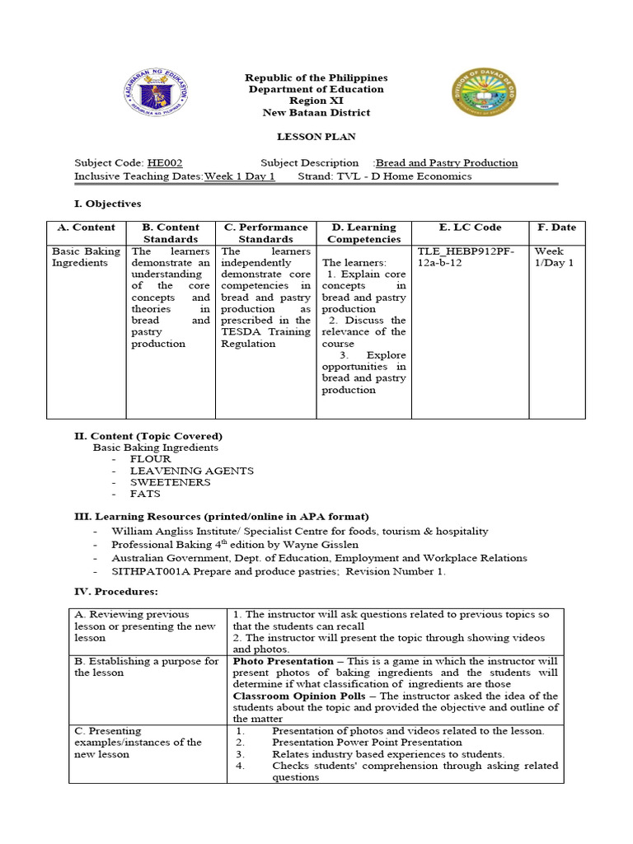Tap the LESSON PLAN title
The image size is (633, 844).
click(316, 136)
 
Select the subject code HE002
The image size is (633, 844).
click(164, 163)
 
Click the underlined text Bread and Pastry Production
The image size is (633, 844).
click(447, 163)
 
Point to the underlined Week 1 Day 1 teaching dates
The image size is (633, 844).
click(239, 176)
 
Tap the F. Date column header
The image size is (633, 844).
click(557, 227)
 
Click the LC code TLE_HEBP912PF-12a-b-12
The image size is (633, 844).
click(467, 257)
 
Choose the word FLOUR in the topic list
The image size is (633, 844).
click(150, 459)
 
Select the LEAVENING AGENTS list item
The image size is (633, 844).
click(191, 471)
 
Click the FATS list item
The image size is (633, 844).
click(145, 494)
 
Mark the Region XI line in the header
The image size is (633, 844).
click(316, 101)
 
